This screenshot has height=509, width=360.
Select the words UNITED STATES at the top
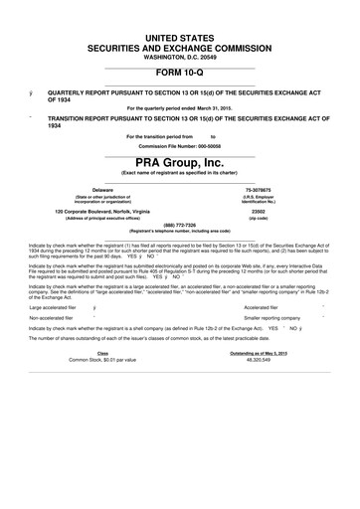tap(179, 36)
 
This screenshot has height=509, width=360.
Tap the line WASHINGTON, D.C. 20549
tap(179, 55)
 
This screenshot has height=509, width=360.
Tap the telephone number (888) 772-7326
tap(179, 224)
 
